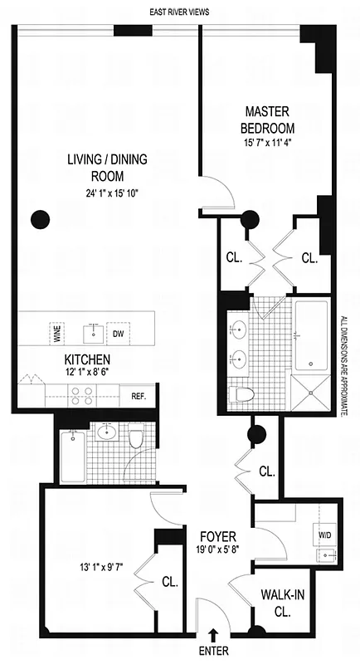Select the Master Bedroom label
tap(268, 120)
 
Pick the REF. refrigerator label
tap(138, 397)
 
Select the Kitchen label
tap(88, 360)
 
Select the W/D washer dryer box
tap(322, 535)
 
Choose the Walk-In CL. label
tap(280, 602)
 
